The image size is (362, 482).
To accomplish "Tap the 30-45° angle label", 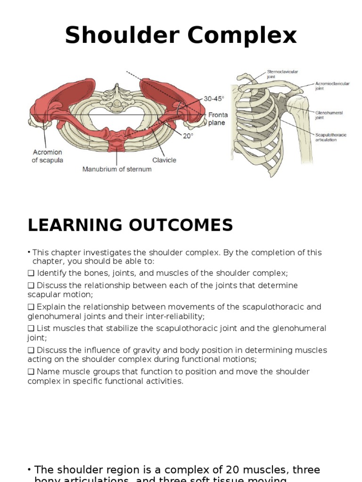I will pyautogui.click(x=214, y=99).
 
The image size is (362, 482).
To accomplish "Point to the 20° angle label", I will pyautogui.click(x=188, y=135).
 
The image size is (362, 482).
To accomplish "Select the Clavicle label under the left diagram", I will pyautogui.click(x=164, y=160).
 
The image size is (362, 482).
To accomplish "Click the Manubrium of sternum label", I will pyautogui.click(x=117, y=169).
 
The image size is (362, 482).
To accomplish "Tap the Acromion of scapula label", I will pyautogui.click(x=48, y=156).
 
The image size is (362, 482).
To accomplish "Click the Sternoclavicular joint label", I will pyautogui.click(x=282, y=74).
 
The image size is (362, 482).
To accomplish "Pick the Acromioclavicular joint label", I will pyautogui.click(x=332, y=86).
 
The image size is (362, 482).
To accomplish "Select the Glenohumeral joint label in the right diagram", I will pyautogui.click(x=329, y=115).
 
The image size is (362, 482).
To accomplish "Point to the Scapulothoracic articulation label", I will pyautogui.click(x=330, y=137).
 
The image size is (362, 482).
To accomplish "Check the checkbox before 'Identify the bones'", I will pyautogui.click(x=31, y=273).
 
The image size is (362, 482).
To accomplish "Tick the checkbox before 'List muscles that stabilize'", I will pyautogui.click(x=31, y=329).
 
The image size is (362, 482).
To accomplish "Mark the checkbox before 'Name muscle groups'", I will pyautogui.click(x=31, y=372).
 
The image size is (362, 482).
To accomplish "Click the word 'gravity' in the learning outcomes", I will pyautogui.click(x=146, y=350).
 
